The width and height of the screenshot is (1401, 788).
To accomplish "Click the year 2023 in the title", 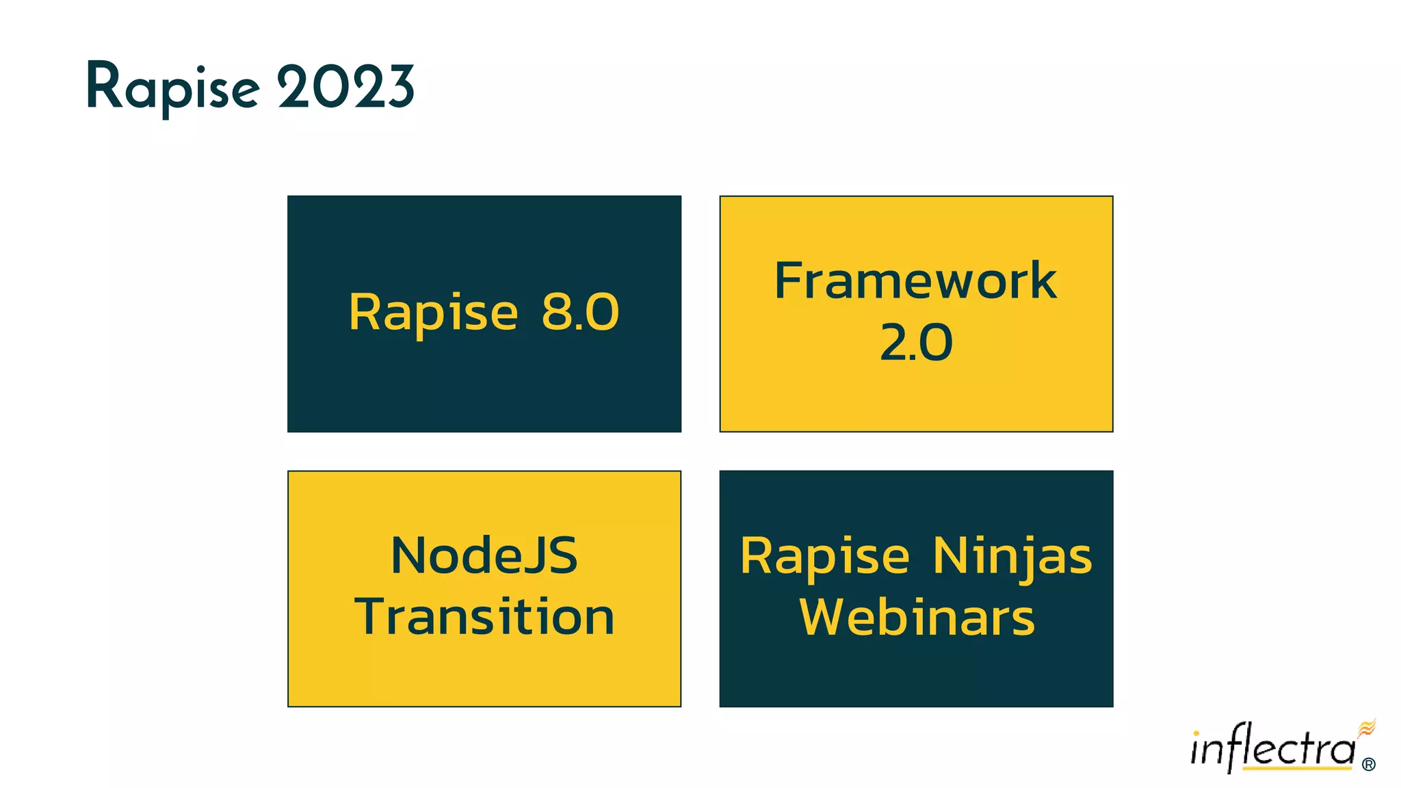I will click(345, 88).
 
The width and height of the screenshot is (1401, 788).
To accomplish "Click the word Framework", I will click(915, 281).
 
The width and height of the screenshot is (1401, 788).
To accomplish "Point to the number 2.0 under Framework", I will click(915, 343).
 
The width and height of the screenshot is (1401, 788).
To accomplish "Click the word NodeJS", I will click(484, 555).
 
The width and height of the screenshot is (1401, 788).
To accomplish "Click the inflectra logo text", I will click(1272, 748).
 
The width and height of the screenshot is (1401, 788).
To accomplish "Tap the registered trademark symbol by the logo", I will click(1368, 765).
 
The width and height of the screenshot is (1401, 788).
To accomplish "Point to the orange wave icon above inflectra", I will click(1366, 728).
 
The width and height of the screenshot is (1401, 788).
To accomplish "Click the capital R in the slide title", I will click(103, 86).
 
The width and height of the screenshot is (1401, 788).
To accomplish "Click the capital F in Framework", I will click(788, 280).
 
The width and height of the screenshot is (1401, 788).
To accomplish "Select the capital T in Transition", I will click(372, 616).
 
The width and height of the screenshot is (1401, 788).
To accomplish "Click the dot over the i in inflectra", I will click(1196, 734).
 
